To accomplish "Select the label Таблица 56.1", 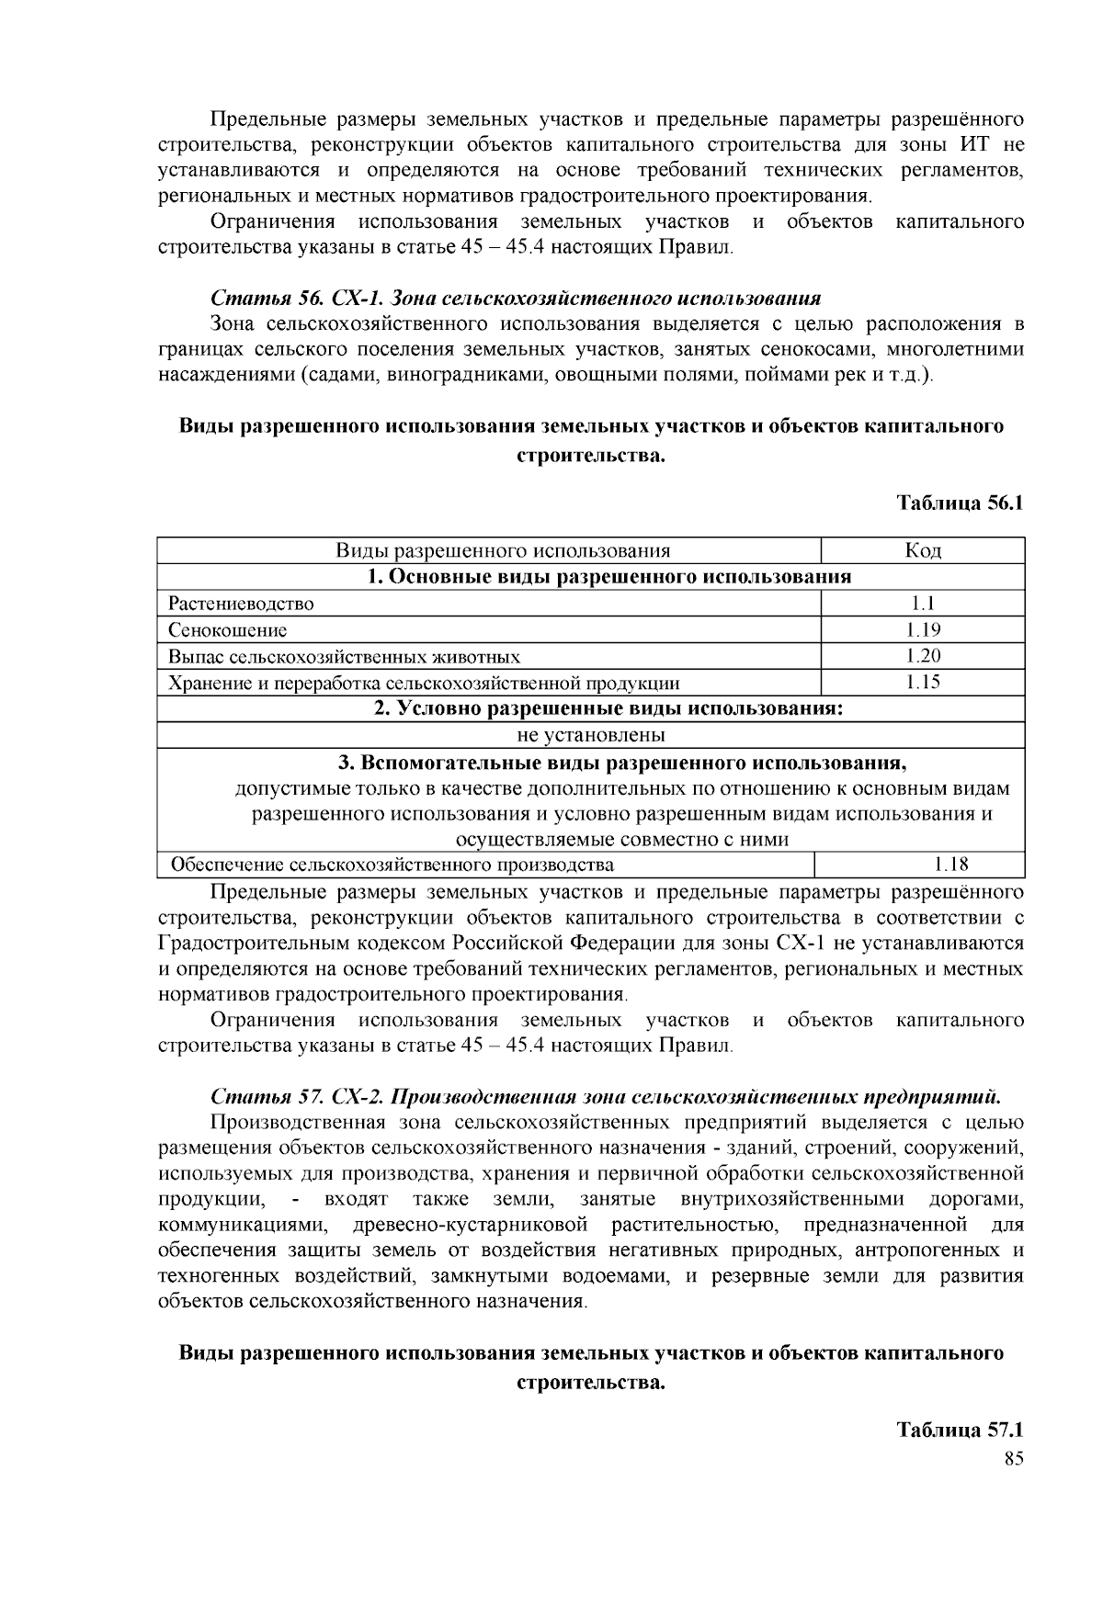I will [960, 503].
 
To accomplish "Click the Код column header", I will [922, 550].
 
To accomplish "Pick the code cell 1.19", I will [922, 629].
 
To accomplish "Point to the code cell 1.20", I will [922, 656].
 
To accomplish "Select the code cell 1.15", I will [922, 682].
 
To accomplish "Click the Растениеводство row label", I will [241, 604].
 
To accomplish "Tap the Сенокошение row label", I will [227, 630].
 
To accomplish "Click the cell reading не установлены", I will [591, 735].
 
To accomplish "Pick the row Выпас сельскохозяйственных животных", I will [344, 657].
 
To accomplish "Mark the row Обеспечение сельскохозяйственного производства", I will [393, 865].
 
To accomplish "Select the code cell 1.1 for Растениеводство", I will [922, 604].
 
